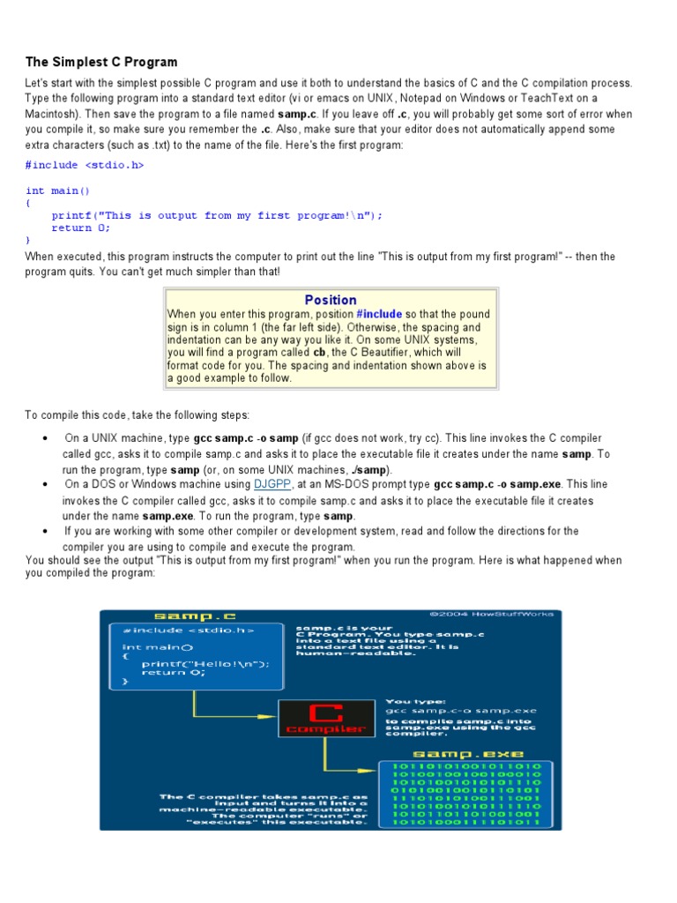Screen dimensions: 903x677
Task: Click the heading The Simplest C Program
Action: point(101,62)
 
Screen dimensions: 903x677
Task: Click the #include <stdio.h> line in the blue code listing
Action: point(85,165)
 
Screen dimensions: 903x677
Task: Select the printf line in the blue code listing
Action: point(217,215)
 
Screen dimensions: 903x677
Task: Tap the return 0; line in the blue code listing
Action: point(81,228)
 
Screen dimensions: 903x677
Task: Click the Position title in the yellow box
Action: point(331,300)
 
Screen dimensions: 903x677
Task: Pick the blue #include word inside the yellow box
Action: point(379,314)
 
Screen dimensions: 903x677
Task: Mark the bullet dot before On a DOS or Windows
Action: point(45,485)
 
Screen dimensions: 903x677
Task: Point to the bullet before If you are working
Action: point(45,532)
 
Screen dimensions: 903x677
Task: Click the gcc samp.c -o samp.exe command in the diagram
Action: point(460,710)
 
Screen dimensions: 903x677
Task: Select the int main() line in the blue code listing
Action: point(58,190)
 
